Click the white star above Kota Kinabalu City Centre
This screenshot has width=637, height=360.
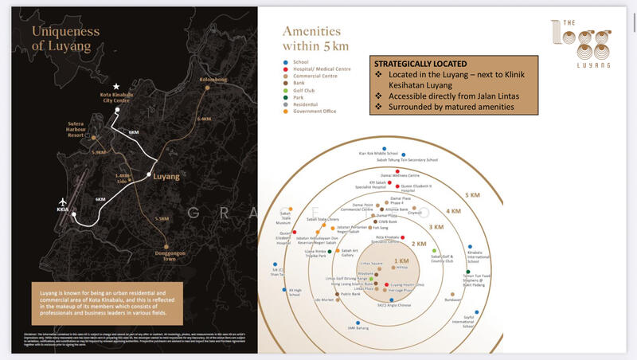[x=116, y=86]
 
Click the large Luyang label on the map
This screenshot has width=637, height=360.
[x=166, y=175]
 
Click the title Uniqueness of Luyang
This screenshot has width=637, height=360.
[x=65, y=38]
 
